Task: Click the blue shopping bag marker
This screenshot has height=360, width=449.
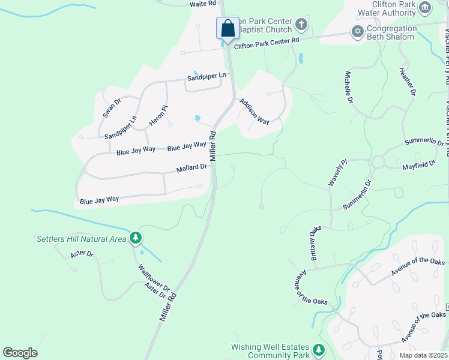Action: click(228, 28)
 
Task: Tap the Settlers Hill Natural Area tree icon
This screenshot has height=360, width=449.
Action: click(136, 239)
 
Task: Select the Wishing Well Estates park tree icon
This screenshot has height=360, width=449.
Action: click(319, 350)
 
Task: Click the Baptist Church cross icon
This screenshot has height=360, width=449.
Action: click(301, 25)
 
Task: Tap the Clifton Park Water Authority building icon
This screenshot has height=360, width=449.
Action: click(425, 7)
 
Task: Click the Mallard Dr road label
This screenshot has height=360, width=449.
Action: click(191, 169)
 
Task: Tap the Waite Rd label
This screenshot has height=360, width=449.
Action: click(202, 4)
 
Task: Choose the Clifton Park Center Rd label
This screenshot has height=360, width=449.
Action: click(266, 43)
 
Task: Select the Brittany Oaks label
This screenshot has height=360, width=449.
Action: click(316, 243)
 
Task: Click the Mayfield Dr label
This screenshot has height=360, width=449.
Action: click(418, 163)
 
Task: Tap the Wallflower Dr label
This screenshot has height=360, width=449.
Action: click(154, 278)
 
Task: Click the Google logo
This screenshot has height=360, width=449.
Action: click(20, 353)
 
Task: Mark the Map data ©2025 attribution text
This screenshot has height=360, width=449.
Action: click(423, 355)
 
